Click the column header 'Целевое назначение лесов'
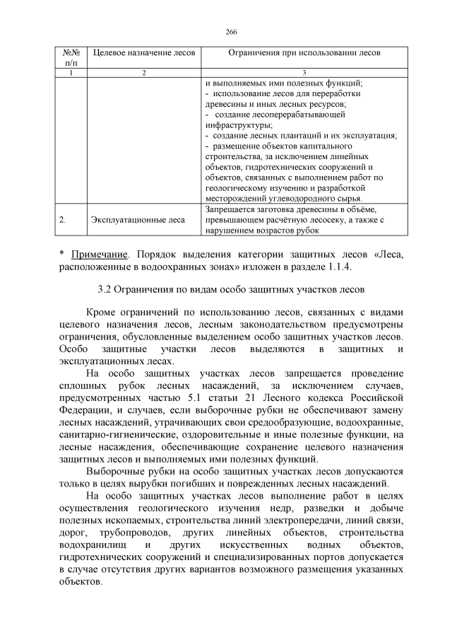coord(143,54)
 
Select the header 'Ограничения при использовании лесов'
coord(304,54)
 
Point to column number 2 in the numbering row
coord(143,73)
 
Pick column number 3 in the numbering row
coord(304,73)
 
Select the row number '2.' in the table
coord(63,220)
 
